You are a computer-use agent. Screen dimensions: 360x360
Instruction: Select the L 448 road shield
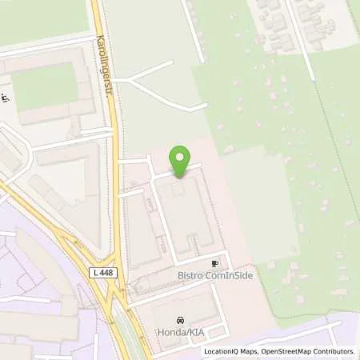pos(103,273)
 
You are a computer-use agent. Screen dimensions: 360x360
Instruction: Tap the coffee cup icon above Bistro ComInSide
pos(214,263)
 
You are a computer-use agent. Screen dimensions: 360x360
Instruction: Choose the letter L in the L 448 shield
pos(95,273)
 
